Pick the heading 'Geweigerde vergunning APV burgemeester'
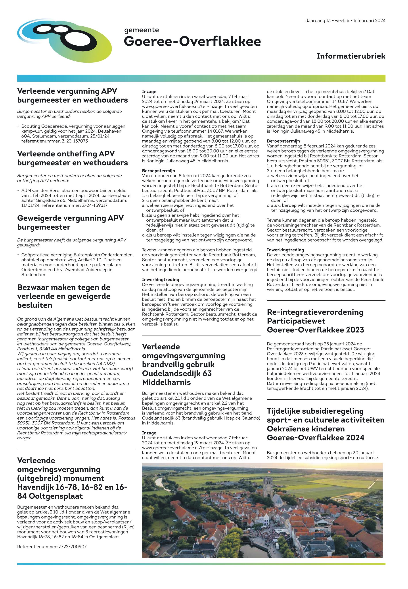coord(70,223)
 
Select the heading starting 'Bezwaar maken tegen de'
coord(64,296)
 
